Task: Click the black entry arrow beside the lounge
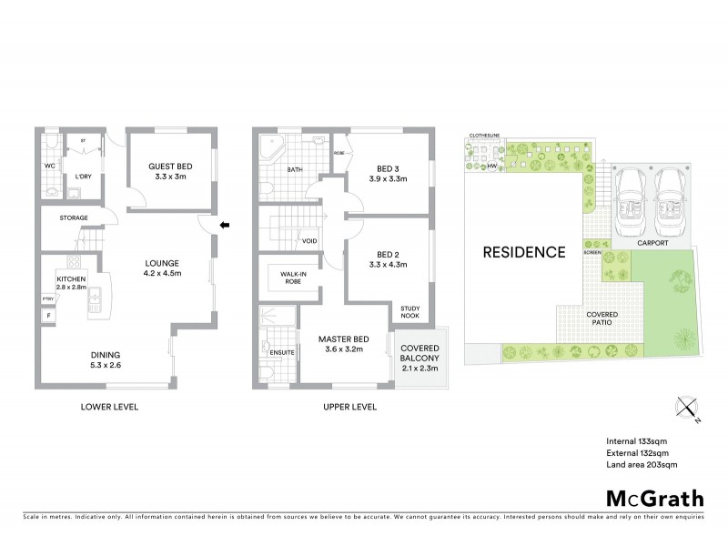[x=223, y=226]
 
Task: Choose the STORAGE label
[x=74, y=218]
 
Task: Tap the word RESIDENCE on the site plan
[x=524, y=252]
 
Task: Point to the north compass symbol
[x=687, y=411]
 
